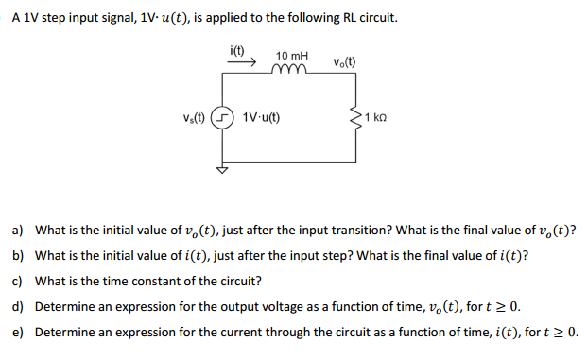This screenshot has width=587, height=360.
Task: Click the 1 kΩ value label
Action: click(376, 120)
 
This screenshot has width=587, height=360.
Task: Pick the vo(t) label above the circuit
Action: click(344, 63)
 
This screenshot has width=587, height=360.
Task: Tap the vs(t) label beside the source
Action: click(199, 119)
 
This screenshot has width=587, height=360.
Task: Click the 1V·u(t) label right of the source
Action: click(261, 120)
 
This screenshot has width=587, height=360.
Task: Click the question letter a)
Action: click(17, 231)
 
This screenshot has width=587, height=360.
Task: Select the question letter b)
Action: click(17, 256)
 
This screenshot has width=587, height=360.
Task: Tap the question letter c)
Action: click(17, 282)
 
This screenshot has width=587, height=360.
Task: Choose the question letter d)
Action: click(17, 307)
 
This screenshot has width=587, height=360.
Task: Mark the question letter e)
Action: click(17, 333)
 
